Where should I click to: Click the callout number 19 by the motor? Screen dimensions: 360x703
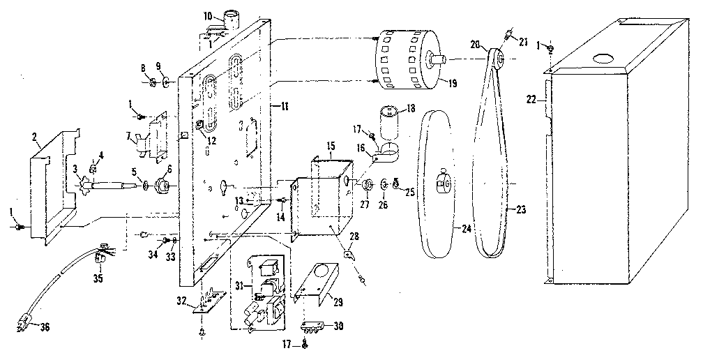click(452, 82)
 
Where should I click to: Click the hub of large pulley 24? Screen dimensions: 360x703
click(441, 183)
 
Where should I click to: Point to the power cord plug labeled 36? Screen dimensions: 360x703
click(23, 324)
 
